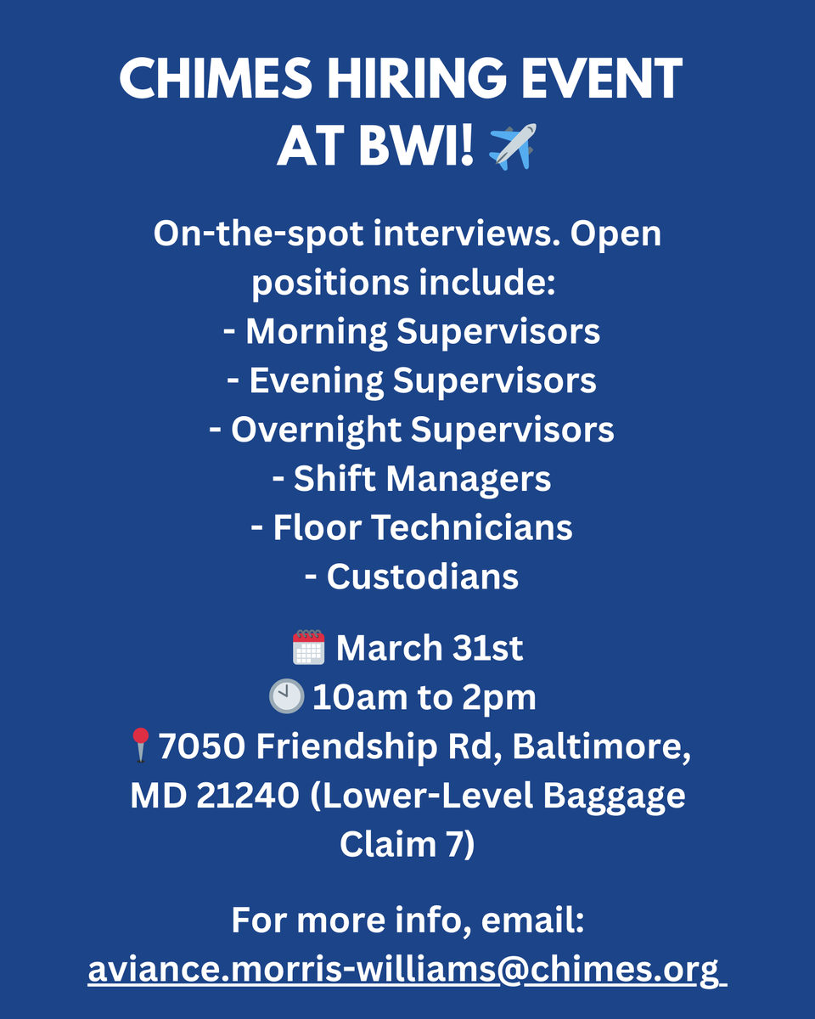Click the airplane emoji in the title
point(514,145)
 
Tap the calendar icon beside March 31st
point(307,648)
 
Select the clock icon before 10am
point(286,697)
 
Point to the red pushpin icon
point(142,746)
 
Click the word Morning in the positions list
point(316,331)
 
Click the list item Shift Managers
point(411,479)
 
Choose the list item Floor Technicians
point(411,527)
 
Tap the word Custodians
point(422,577)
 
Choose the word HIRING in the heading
point(412,80)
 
